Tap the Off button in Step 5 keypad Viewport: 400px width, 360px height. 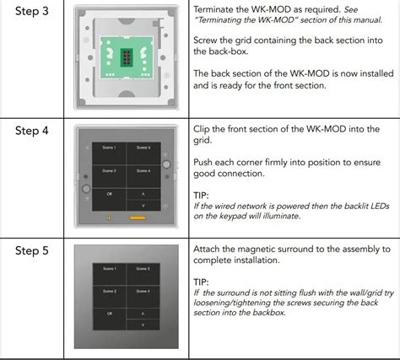[109, 313]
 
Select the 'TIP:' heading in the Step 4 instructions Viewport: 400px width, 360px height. [203, 193]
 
